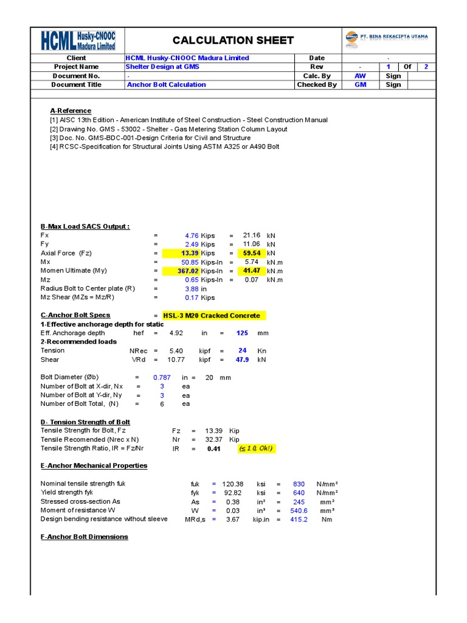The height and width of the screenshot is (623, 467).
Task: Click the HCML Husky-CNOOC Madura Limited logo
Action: (78, 40)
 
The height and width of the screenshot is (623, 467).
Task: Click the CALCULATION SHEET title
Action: (233, 41)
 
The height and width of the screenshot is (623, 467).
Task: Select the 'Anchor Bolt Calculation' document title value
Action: (166, 85)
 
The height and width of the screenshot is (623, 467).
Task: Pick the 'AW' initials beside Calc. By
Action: (360, 76)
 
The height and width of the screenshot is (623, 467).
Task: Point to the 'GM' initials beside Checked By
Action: (360, 85)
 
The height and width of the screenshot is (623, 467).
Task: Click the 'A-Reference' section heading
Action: (71, 111)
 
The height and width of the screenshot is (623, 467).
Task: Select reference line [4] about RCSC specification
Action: (164, 147)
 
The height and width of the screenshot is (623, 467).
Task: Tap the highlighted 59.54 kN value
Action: (251, 253)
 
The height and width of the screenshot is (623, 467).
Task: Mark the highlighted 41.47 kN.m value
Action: (251, 271)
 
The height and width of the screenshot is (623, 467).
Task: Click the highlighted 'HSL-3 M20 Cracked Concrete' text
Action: (211, 316)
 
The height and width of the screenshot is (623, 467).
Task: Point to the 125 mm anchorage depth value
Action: (242, 333)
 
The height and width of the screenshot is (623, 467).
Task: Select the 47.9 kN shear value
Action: (242, 360)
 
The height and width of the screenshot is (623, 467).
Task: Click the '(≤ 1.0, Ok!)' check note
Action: (256, 448)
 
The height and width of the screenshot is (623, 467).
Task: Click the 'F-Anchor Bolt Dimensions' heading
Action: (85, 537)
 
